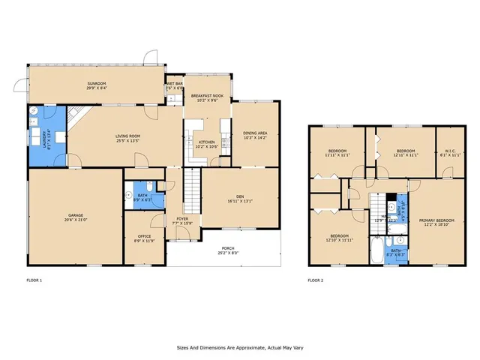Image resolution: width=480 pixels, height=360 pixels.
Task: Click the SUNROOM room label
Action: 97,83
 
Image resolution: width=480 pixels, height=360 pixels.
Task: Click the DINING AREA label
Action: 256,133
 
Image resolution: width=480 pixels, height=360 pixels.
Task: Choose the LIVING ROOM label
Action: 128,136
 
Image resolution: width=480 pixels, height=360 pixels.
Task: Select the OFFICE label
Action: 143,236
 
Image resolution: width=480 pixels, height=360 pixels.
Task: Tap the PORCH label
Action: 226,250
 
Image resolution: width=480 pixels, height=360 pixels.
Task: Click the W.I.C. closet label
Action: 451,150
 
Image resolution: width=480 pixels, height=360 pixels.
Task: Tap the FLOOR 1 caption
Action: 34,280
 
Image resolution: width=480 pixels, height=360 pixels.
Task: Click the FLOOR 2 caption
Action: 315,280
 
